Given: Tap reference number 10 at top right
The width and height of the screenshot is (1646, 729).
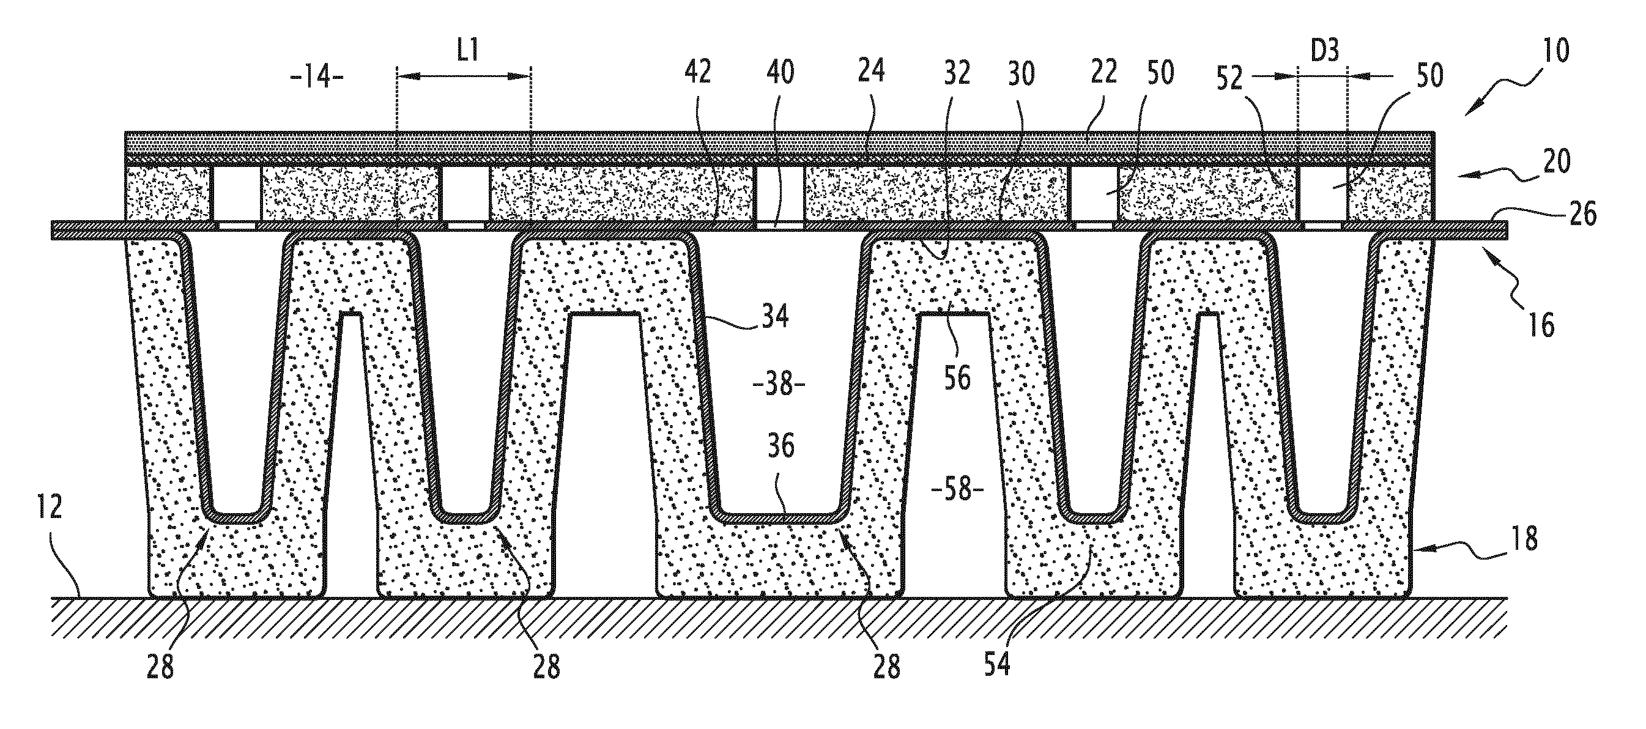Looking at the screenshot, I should tap(1556, 51).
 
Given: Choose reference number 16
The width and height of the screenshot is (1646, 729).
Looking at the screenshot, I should tap(1542, 325).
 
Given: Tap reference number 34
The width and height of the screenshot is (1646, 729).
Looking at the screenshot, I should tap(774, 316).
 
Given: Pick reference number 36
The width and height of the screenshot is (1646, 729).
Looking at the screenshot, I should tap(779, 445).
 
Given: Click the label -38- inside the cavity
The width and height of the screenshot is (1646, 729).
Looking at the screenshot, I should tap(779, 385).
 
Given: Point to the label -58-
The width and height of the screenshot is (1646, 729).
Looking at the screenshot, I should tap(957, 491).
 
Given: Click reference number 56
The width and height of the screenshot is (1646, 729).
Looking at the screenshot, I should tap(957, 377).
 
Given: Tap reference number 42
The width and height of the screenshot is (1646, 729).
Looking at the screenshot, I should tap(697, 72).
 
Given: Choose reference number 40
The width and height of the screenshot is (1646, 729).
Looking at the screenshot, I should tap(779, 72).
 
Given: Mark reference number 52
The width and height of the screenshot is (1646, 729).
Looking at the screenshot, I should tap(1229, 78).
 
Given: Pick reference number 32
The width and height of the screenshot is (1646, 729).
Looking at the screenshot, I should tap(957, 72).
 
